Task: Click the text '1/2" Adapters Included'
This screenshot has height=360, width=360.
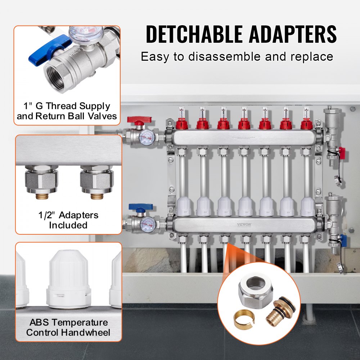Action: (x=68, y=220)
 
